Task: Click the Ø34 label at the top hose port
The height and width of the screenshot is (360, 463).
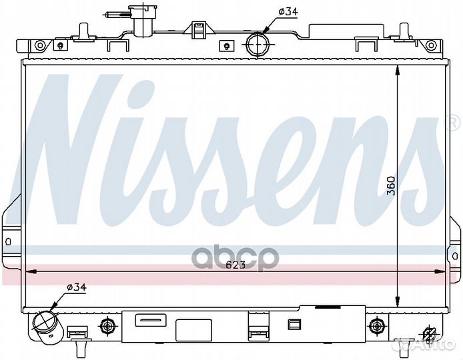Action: (x=288, y=11)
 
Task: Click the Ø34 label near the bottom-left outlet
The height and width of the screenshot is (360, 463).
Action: (x=77, y=287)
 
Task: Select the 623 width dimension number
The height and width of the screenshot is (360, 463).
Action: (x=236, y=265)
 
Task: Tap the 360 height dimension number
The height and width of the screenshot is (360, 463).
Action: (x=391, y=185)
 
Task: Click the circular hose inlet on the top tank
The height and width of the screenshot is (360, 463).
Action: (x=257, y=44)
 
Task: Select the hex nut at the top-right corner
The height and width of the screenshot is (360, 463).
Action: (x=431, y=45)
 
